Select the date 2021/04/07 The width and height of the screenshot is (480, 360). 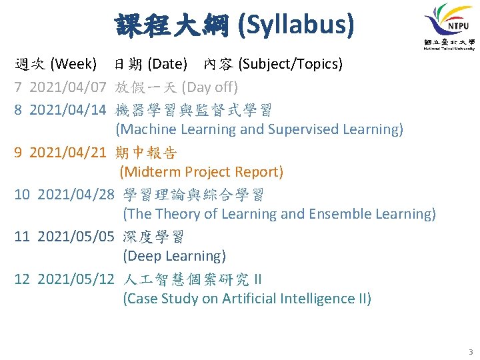point(68,87)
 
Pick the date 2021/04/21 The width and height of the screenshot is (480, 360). point(68,153)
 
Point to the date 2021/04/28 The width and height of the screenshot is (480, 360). point(76,195)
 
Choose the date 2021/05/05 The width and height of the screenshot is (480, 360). point(76,237)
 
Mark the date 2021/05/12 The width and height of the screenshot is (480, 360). point(76,279)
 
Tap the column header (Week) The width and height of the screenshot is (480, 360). point(73,65)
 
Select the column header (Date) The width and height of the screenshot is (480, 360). point(167,65)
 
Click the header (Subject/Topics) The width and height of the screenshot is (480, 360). point(291,65)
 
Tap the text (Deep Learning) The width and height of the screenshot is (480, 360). point(175,256)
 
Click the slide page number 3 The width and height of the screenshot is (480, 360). point(471,351)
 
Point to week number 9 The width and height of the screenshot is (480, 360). point(19,153)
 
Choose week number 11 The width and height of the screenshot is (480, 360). point(22,237)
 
